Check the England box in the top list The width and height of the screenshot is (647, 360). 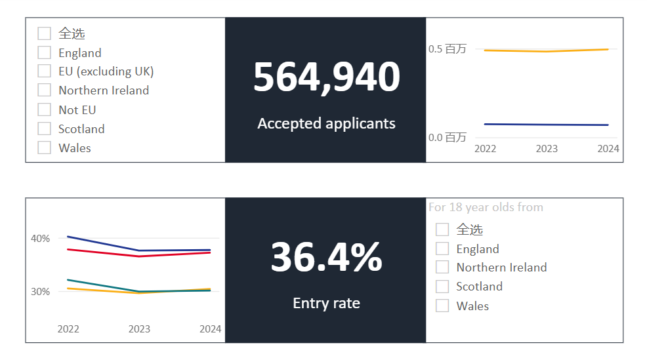coord(45,52)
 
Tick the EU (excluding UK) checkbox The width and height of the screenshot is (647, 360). coord(45,71)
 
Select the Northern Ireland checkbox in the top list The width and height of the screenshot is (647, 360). coord(45,90)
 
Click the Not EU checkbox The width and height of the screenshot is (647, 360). coord(45,110)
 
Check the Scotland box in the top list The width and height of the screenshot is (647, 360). coord(45,129)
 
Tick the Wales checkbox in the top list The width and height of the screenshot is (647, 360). coord(45,148)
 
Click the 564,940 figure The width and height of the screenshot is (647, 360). coord(326,77)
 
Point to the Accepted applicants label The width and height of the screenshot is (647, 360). coord(326,123)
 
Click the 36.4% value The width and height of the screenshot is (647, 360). coord(326,257)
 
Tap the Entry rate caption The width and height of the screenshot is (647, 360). coord(326,303)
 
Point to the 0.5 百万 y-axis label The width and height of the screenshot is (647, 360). coord(447,49)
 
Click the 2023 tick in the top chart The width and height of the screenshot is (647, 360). coord(547,149)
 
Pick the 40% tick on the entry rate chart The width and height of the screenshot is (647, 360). coord(40,239)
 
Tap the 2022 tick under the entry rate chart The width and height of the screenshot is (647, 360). coord(68,329)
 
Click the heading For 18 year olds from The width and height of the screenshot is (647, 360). coord(486,207)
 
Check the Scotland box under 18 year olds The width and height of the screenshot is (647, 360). coord(442,287)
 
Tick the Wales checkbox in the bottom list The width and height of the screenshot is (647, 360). coord(442,306)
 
